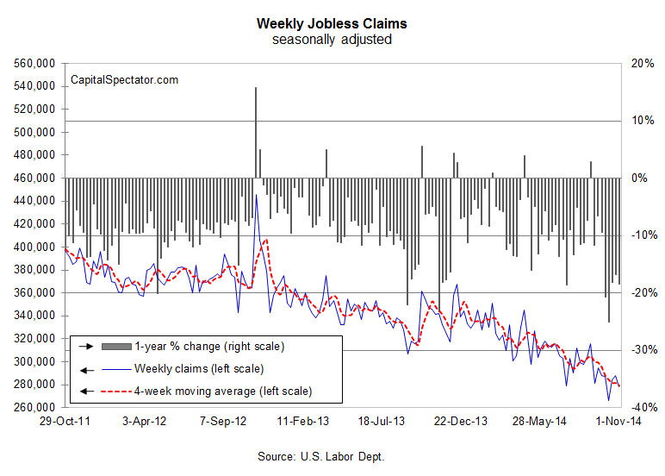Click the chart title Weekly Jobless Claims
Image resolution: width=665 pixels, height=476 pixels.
[332, 23]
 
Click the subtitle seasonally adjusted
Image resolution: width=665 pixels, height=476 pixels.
[332, 40]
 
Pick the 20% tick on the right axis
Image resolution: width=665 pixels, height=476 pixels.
[641, 64]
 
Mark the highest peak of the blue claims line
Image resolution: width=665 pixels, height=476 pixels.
[257, 195]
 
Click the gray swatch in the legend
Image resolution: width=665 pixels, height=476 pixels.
[116, 347]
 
